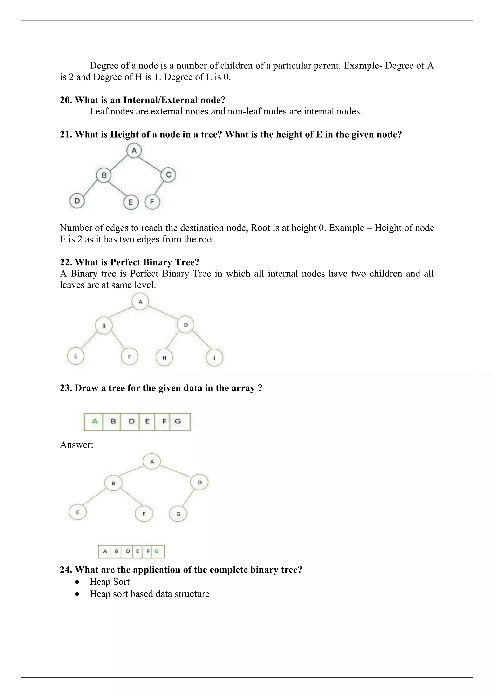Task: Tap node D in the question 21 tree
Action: (77, 201)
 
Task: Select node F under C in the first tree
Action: (152, 201)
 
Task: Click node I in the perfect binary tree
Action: (214, 358)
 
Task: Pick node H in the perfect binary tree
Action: (164, 358)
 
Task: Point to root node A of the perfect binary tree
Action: (140, 302)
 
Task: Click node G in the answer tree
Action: (178, 514)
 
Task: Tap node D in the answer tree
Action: (199, 483)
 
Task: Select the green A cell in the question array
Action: (95, 421)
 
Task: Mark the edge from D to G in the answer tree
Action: (188, 499)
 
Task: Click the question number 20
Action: (65, 100)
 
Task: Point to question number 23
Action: (65, 388)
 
